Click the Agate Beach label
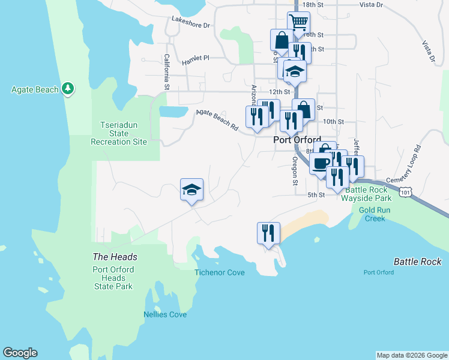[x=35, y=90]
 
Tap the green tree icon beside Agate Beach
[x=68, y=89]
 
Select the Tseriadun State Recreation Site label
[x=119, y=133]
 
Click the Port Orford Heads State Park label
[x=113, y=278]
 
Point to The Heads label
[x=115, y=257]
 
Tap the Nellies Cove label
[x=165, y=314]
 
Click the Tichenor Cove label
[x=220, y=272]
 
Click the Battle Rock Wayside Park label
[x=367, y=194]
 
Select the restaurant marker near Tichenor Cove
[x=268, y=232]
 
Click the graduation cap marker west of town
[x=192, y=190]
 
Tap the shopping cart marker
[x=298, y=22]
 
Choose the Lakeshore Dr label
[x=191, y=26]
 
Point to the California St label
[x=166, y=72]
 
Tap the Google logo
[x=20, y=353]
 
